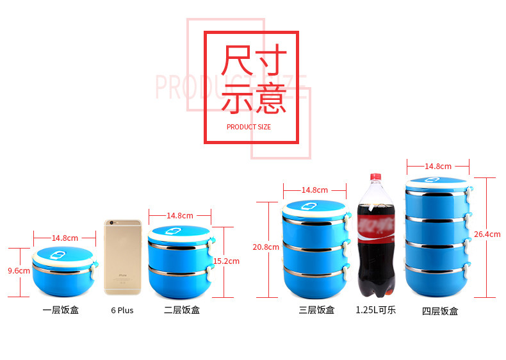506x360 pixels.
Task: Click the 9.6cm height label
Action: click(x=19, y=271)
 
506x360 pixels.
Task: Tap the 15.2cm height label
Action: click(x=226, y=261)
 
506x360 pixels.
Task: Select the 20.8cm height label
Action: click(x=265, y=247)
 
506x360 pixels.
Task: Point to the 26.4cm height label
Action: click(x=487, y=234)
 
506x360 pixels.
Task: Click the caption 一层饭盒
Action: click(x=61, y=311)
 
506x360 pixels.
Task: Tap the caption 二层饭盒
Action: click(x=182, y=311)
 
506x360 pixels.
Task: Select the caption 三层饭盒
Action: click(x=316, y=311)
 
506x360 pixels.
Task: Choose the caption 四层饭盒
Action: click(x=440, y=312)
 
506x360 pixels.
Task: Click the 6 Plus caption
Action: click(x=122, y=311)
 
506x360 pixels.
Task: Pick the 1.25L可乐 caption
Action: click(x=376, y=311)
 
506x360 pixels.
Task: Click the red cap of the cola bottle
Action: click(x=375, y=177)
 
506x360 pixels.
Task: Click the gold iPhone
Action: click(x=122, y=257)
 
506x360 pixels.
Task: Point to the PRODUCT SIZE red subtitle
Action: click(x=249, y=127)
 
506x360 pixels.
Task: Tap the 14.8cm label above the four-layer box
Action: click(x=438, y=167)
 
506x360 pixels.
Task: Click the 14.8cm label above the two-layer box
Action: click(x=180, y=216)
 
